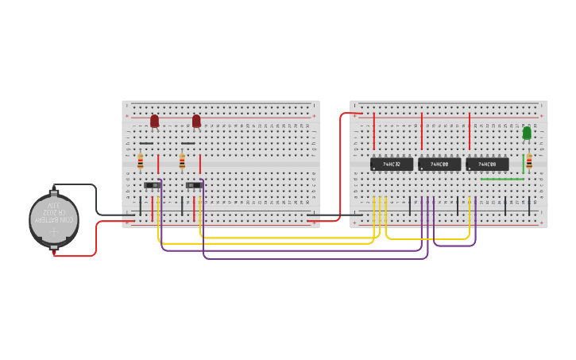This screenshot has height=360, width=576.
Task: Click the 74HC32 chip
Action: [392, 165]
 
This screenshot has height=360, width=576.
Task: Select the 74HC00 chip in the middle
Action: [439, 165]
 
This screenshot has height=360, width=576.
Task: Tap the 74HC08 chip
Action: [487, 165]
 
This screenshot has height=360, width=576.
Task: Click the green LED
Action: [527, 133]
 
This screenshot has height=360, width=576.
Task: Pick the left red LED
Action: [154, 121]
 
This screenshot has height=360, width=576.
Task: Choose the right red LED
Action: [196, 121]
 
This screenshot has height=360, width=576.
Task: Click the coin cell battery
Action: [54, 220]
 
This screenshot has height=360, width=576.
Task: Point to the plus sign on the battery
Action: [54, 234]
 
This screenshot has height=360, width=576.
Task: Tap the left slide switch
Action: [152, 185]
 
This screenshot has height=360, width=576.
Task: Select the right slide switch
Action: [194, 185]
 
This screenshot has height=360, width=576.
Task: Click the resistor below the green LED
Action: [530, 161]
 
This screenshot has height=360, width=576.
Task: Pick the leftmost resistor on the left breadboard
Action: [141, 161]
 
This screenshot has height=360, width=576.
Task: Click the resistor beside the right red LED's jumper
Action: [182, 161]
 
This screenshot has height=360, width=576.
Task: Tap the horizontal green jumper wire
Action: [502, 180]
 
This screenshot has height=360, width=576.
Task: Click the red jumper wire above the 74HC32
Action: [373, 132]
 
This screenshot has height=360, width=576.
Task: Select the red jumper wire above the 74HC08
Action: [470, 132]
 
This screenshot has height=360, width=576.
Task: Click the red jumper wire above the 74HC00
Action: [421, 132]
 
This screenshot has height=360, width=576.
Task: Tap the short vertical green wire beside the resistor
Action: [523, 164]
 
